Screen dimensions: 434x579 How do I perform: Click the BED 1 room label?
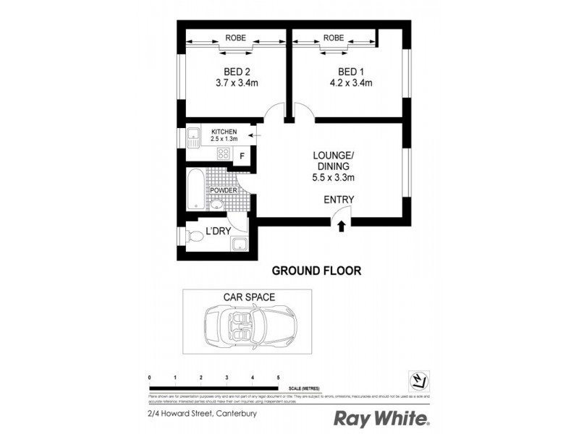click(350, 71)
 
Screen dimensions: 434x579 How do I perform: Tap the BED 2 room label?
click(237, 71)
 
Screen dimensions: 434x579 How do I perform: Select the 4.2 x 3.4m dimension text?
click(350, 83)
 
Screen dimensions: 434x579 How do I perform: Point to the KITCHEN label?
click(203, 131)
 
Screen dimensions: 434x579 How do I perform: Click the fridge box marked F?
click(242, 154)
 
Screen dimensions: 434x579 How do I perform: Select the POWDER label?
click(224, 190)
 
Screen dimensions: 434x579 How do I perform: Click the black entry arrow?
click(341, 226)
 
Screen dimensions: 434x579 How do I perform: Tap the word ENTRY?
click(339, 200)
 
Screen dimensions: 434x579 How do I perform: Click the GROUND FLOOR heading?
click(316, 271)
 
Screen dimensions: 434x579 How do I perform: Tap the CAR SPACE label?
click(248, 297)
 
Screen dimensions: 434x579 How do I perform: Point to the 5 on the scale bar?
click(278, 378)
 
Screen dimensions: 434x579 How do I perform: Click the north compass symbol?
click(418, 381)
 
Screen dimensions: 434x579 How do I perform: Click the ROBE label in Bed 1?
click(334, 38)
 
